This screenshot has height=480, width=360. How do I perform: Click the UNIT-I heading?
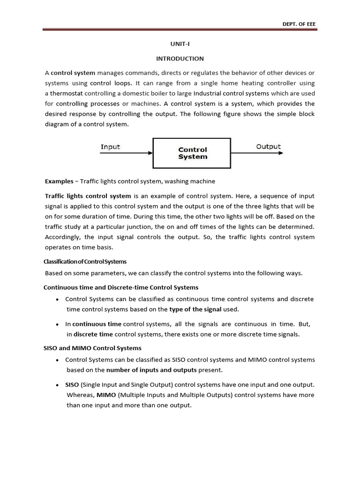tap(180, 44)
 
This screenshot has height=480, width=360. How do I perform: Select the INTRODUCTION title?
tap(180, 59)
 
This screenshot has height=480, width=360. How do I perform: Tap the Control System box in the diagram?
tap(193, 153)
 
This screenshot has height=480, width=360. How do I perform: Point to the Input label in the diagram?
tap(110, 147)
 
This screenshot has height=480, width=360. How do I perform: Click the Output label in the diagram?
tap(269, 147)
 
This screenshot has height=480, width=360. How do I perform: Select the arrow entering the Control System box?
tap(127, 153)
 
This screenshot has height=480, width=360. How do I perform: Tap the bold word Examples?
tap(59, 181)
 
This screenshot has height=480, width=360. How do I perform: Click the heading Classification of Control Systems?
tap(85, 262)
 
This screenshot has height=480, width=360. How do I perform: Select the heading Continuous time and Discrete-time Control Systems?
tap(121, 287)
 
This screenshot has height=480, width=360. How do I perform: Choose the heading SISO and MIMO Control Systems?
tap(92, 348)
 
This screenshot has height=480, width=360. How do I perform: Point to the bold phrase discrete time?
tap(93, 334)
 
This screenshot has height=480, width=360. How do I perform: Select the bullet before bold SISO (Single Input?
tap(57, 385)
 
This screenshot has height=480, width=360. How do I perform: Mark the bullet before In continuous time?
tap(57, 324)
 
